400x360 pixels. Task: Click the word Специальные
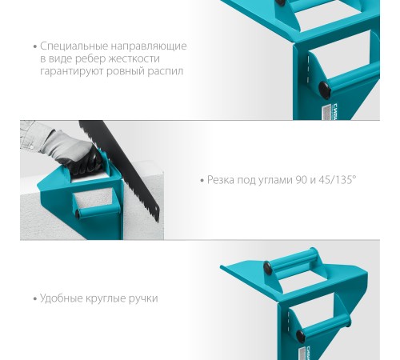pyautogui.click(x=74, y=46)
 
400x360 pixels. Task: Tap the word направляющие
pyautogui.click(x=149, y=46)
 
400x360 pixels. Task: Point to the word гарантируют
pyautogui.click(x=72, y=71)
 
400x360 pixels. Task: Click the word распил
pyautogui.click(x=166, y=71)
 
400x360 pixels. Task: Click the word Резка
pyautogui.click(x=221, y=180)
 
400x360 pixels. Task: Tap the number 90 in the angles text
pyautogui.click(x=302, y=180)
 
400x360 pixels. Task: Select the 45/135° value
pyautogui.click(x=338, y=180)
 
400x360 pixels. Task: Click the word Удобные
pyautogui.click(x=62, y=298)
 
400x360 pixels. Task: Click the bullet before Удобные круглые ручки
pyautogui.click(x=35, y=298)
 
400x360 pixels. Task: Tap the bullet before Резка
pyautogui.click(x=202, y=181)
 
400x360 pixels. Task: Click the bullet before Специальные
pyautogui.click(x=35, y=46)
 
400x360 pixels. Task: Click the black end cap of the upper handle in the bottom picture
pyautogui.click(x=267, y=267)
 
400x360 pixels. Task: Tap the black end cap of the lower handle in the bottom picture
pyautogui.click(x=301, y=336)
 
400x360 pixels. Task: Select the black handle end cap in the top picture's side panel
pyautogui.click(x=325, y=90)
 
